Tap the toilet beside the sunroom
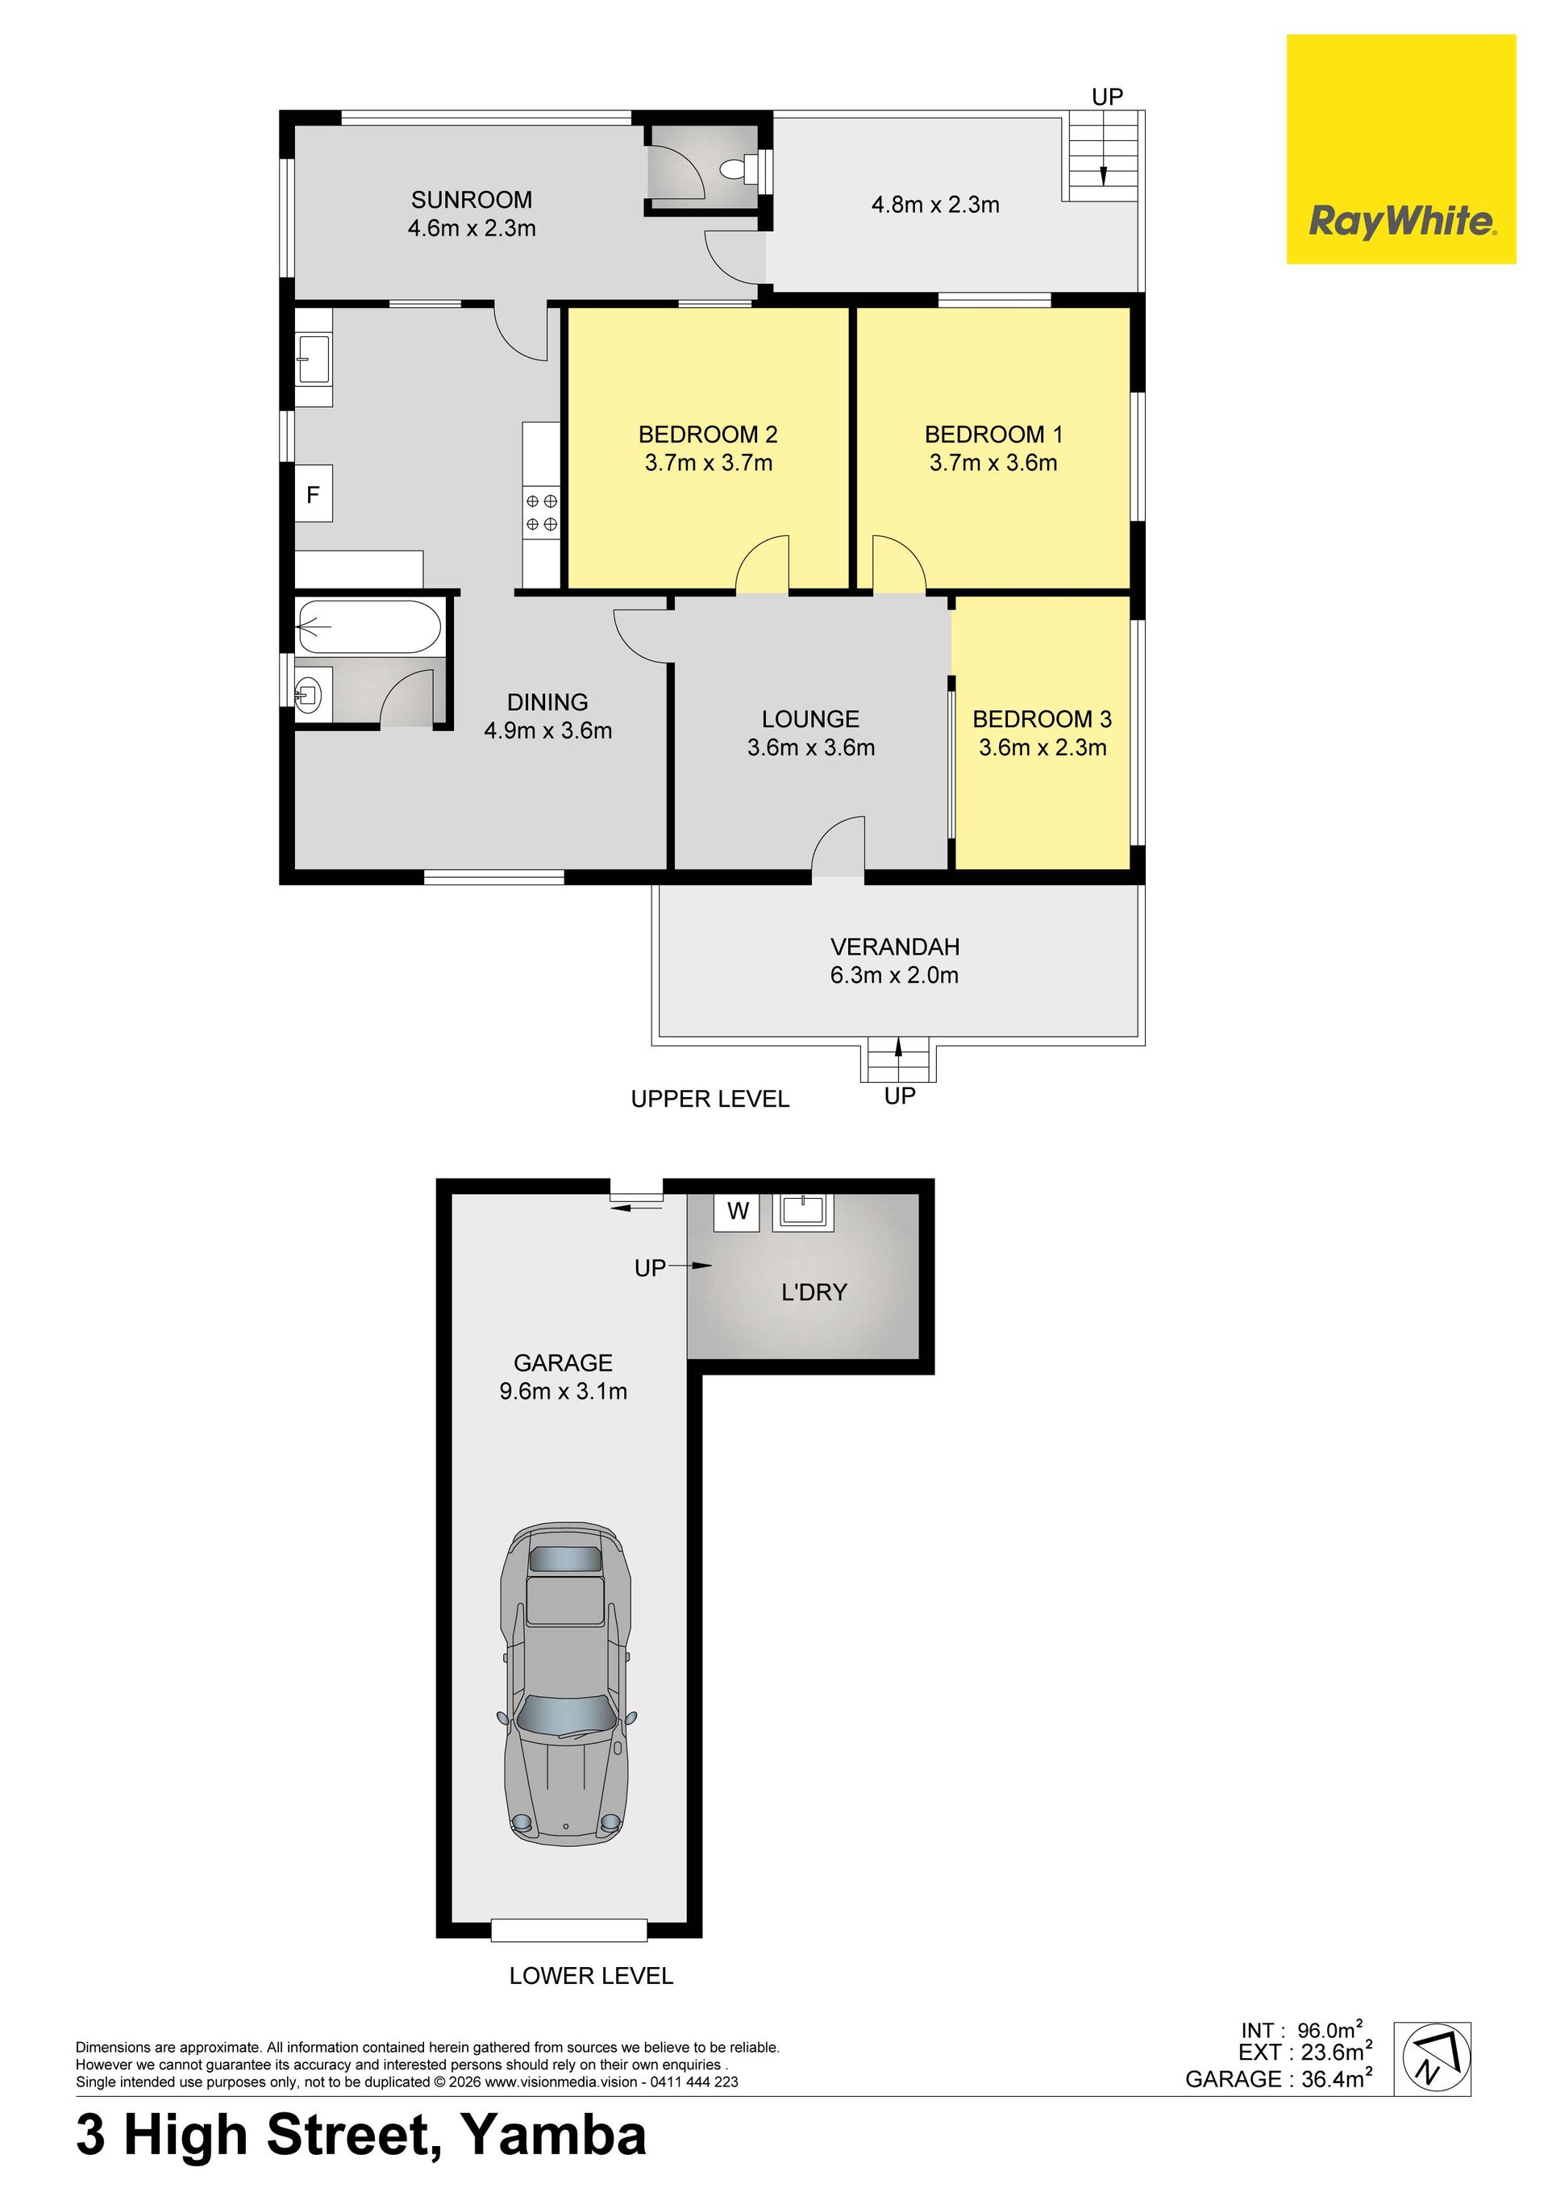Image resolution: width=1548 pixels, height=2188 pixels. point(738,169)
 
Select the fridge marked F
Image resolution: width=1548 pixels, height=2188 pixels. point(314,493)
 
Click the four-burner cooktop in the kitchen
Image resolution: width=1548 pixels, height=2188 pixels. point(542,512)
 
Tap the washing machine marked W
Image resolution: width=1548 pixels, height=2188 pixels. point(738,1211)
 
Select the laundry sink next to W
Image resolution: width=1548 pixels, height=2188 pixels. point(802,1211)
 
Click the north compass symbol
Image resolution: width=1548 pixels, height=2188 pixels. point(1432,2058)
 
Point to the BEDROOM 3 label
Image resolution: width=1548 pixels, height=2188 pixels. point(1042,718)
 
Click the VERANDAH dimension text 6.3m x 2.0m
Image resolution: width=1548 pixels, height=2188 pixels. point(894,975)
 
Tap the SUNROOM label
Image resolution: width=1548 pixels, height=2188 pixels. point(472,200)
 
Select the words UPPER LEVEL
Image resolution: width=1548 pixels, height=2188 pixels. point(710,1099)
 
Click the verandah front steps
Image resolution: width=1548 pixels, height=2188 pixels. point(898,1063)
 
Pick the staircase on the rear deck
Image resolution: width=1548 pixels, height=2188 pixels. point(1103,156)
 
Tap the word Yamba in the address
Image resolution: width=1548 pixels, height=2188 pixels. point(554,2136)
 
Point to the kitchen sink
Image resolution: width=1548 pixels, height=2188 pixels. point(314,358)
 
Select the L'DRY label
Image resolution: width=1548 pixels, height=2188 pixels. point(814,1292)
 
